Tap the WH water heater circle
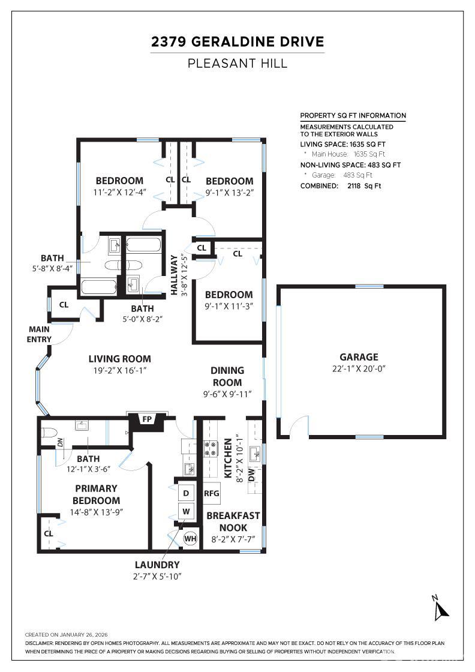tap(191, 539)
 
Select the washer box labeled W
tap(186, 511)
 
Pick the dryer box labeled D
tap(186, 493)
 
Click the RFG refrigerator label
tap(212, 493)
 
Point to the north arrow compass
tap(440, 608)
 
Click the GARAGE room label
tap(359, 357)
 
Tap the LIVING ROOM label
tap(119, 359)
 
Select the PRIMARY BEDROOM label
tap(96, 494)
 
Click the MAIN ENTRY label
tap(39, 334)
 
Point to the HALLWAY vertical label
tap(174, 275)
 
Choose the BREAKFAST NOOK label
tap(233, 521)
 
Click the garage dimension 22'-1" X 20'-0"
tap(359, 368)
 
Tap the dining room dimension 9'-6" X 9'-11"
tap(227, 394)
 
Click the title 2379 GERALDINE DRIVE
tap(237, 41)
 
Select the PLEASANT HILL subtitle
tap(237, 64)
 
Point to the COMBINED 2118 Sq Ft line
tap(341, 186)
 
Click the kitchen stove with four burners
tap(211, 448)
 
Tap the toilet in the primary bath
tap(49, 432)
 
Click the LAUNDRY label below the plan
tap(157, 565)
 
